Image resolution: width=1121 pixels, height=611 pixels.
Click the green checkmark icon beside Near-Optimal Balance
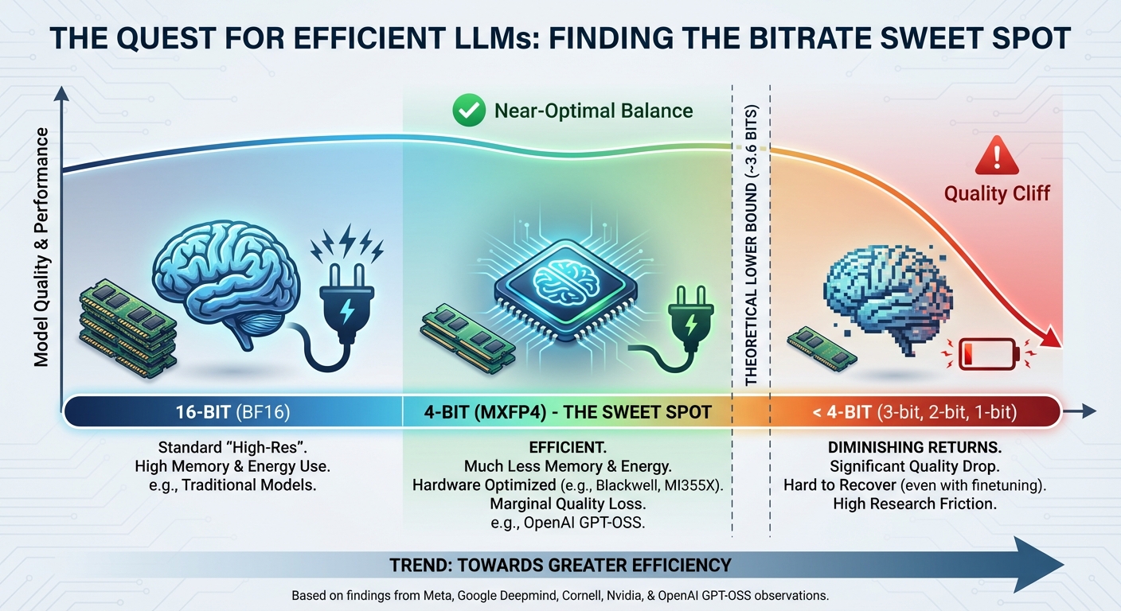pyautogui.click(x=468, y=111)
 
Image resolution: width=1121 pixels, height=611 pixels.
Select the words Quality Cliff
pyautogui.click(x=997, y=193)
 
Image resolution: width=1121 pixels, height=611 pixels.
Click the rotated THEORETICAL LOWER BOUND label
pyautogui.click(x=751, y=245)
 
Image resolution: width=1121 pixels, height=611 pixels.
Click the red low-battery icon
pyautogui.click(x=987, y=353)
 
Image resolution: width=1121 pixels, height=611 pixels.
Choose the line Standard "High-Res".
pyautogui.click(x=232, y=447)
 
